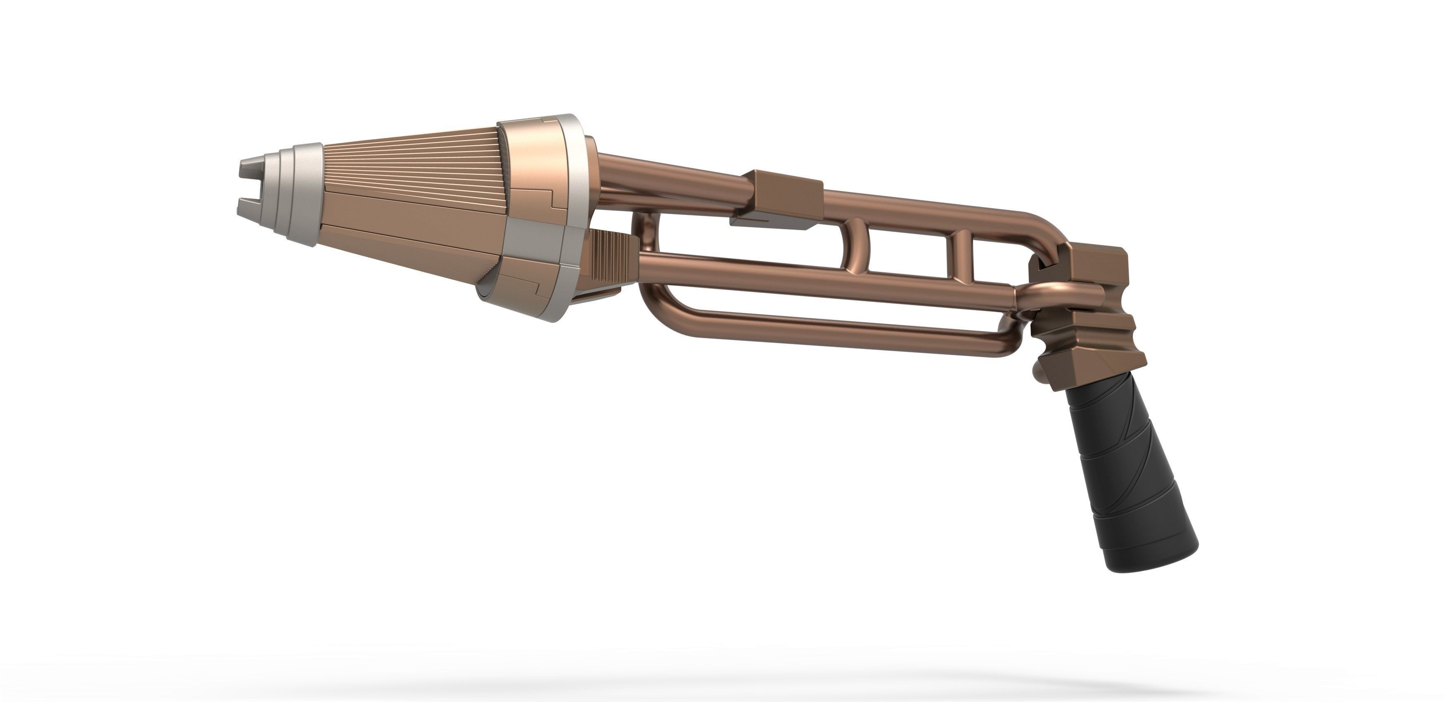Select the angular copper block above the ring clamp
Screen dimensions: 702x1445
(x=1094, y=269)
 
